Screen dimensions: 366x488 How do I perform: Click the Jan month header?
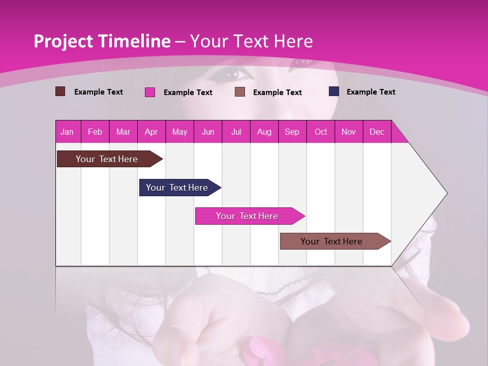click(x=67, y=132)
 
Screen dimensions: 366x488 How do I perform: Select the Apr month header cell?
click(x=151, y=132)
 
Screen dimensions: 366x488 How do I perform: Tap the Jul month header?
click(x=236, y=132)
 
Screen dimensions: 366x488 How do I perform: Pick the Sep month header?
click(x=292, y=132)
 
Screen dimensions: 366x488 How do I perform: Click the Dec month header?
click(x=377, y=132)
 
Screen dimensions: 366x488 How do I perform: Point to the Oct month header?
click(x=321, y=132)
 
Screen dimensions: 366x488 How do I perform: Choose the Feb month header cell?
click(x=95, y=132)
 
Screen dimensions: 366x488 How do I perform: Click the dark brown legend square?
click(x=60, y=91)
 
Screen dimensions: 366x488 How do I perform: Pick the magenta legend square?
click(x=150, y=92)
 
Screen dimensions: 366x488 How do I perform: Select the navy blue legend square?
click(x=334, y=91)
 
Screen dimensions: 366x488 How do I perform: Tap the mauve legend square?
click(x=240, y=92)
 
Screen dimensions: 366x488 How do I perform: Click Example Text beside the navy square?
click(x=371, y=92)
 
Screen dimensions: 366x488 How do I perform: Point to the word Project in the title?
click(x=63, y=41)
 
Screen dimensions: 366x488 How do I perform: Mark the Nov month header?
click(x=349, y=132)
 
